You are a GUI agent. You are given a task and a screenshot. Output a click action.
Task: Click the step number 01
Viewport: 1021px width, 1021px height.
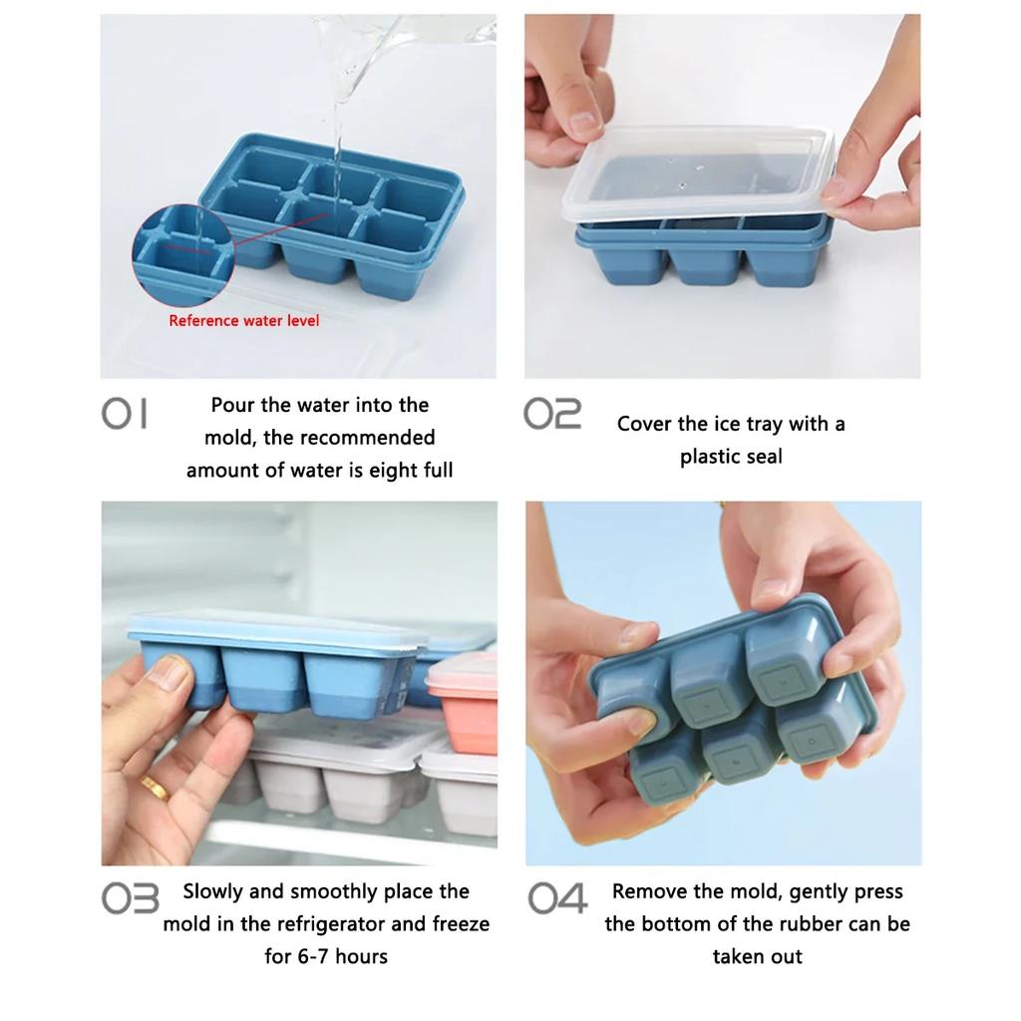click(125, 414)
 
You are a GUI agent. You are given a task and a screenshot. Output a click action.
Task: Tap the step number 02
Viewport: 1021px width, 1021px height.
click(552, 414)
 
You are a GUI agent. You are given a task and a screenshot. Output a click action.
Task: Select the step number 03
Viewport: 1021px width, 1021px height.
click(130, 899)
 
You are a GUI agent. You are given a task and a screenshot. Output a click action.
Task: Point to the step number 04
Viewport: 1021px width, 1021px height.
click(557, 899)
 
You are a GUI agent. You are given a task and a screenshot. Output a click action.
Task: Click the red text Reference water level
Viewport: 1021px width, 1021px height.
click(244, 321)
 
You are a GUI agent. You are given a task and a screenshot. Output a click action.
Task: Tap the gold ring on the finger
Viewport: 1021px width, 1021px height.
click(153, 787)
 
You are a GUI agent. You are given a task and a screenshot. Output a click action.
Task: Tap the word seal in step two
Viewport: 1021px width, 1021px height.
click(763, 457)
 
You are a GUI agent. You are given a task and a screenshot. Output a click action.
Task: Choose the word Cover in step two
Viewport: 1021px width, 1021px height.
click(645, 424)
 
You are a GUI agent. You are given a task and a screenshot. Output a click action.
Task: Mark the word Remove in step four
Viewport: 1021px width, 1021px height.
click(648, 891)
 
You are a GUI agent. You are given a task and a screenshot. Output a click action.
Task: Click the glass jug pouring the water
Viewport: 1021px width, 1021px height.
click(399, 45)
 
